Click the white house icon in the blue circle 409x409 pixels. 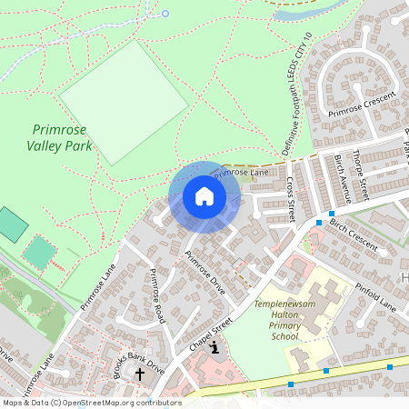[x=204, y=196]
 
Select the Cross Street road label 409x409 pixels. [x=291, y=198]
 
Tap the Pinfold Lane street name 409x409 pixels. [x=375, y=294]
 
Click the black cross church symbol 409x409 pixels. [x=140, y=374]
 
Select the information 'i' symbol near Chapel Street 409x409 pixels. [x=214, y=346]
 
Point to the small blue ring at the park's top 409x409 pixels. [x=165, y=14]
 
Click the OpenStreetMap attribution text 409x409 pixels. [x=91, y=403]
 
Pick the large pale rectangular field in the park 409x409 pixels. [x=127, y=103]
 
